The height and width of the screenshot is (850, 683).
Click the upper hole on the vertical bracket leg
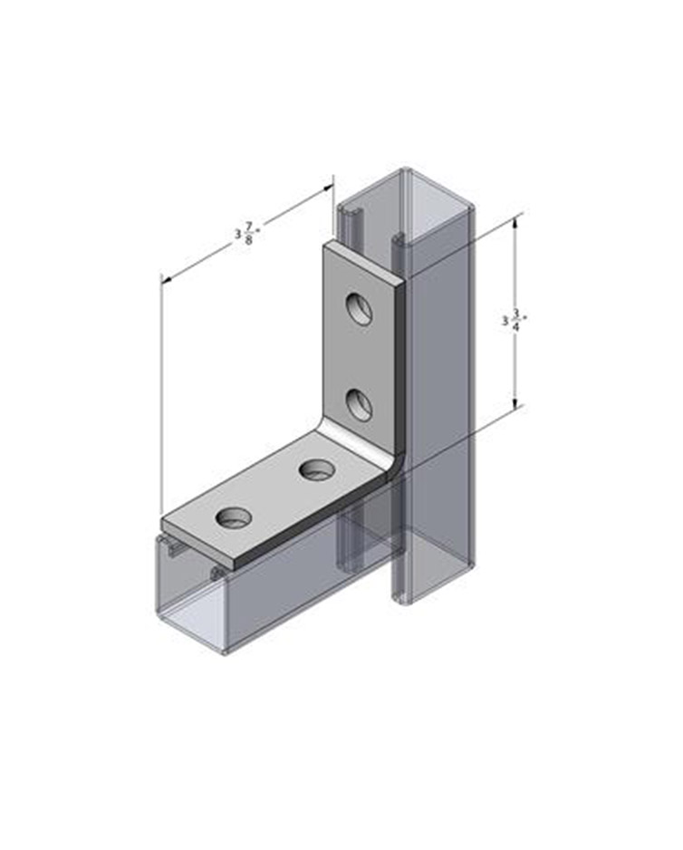click(x=360, y=309)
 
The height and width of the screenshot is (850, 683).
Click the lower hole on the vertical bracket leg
click(x=360, y=404)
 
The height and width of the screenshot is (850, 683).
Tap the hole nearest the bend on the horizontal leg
click(x=316, y=469)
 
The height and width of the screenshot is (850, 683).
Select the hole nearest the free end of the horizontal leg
click(x=235, y=517)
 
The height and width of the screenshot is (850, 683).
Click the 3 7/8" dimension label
click(x=247, y=233)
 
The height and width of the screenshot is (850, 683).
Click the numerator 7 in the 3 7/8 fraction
click(x=249, y=228)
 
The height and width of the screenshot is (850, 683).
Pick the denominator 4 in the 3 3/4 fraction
click(x=516, y=327)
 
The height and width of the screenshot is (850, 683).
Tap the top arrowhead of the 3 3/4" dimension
click(x=515, y=219)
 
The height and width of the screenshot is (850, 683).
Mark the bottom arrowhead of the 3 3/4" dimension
click(x=515, y=401)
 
